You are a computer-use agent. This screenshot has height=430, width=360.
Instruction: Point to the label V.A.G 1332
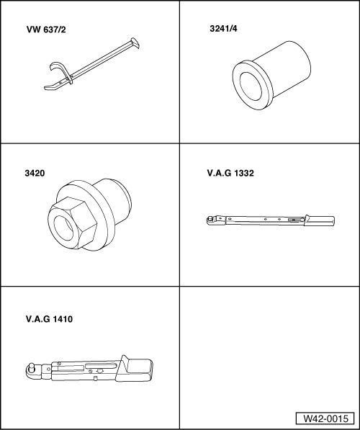click(x=230, y=174)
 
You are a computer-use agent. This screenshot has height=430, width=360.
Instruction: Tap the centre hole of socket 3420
click(x=68, y=221)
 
